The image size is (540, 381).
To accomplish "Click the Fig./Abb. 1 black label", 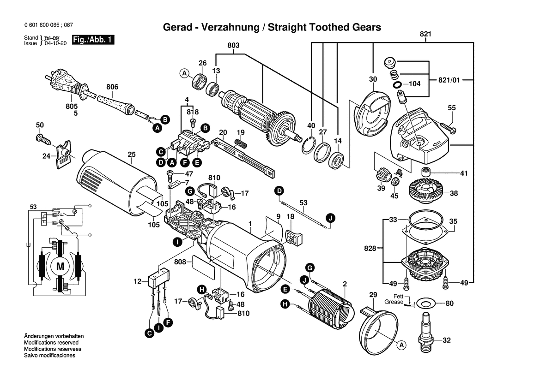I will click(x=93, y=40).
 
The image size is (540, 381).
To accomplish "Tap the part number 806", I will click(x=112, y=87).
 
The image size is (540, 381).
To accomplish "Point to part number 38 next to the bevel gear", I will click(x=454, y=193).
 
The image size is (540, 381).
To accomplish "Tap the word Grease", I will click(x=394, y=302).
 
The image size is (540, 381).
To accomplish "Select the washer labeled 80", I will click(x=425, y=304).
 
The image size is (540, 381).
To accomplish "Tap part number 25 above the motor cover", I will click(x=132, y=154).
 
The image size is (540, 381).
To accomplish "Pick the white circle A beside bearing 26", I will click(x=184, y=73).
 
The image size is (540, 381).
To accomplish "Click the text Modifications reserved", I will click(x=51, y=343).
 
